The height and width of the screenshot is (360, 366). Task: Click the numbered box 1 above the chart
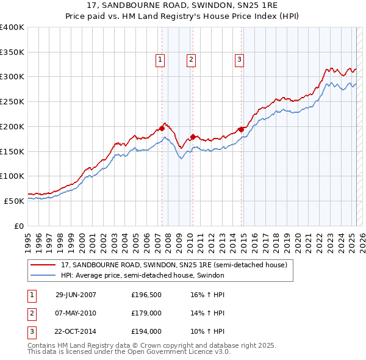tap(159, 60)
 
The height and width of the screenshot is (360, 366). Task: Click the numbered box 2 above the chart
tap(191, 60)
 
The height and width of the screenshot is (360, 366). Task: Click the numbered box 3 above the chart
tap(239, 60)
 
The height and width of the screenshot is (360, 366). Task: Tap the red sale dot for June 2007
tap(162, 128)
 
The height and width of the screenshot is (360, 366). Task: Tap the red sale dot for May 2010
tap(193, 137)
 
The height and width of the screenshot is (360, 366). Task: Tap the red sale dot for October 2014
tap(241, 129)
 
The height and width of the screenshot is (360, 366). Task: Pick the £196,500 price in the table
tap(146, 295)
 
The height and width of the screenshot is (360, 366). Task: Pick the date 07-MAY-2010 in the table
tap(76, 313)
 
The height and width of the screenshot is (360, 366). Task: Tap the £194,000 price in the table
tap(146, 331)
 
